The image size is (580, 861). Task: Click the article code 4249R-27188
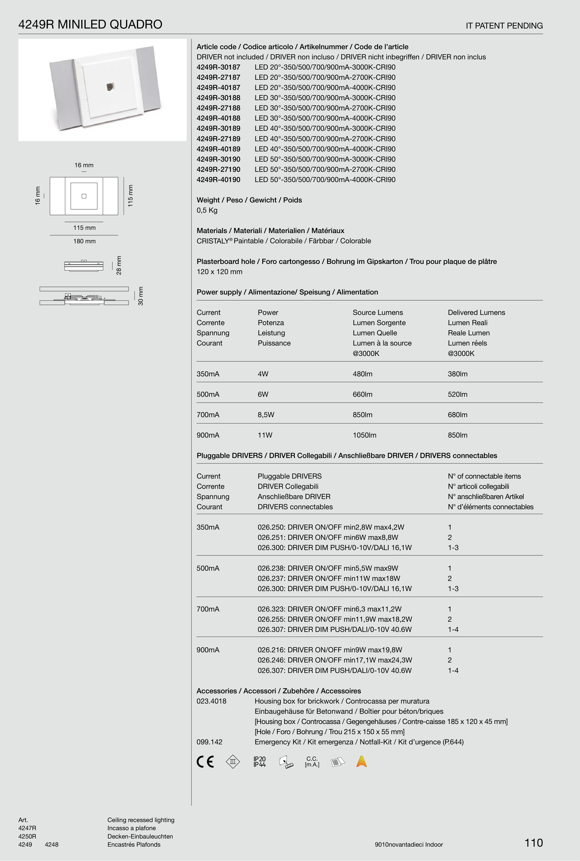pyautogui.click(x=218, y=108)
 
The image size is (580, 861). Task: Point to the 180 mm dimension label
pyautogui.click(x=84, y=241)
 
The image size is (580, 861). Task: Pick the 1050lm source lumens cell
pyautogui.click(x=364, y=435)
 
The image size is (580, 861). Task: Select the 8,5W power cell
pyautogui.click(x=266, y=415)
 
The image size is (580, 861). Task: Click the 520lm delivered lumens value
pyautogui.click(x=458, y=394)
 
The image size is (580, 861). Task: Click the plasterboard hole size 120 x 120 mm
pyautogui.click(x=219, y=272)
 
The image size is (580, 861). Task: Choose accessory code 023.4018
pyautogui.click(x=211, y=701)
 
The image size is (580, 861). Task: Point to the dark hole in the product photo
pyautogui.click(x=110, y=87)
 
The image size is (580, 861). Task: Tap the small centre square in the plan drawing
pyautogui.click(x=84, y=196)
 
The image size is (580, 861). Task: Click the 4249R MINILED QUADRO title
pyautogui.click(x=90, y=24)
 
